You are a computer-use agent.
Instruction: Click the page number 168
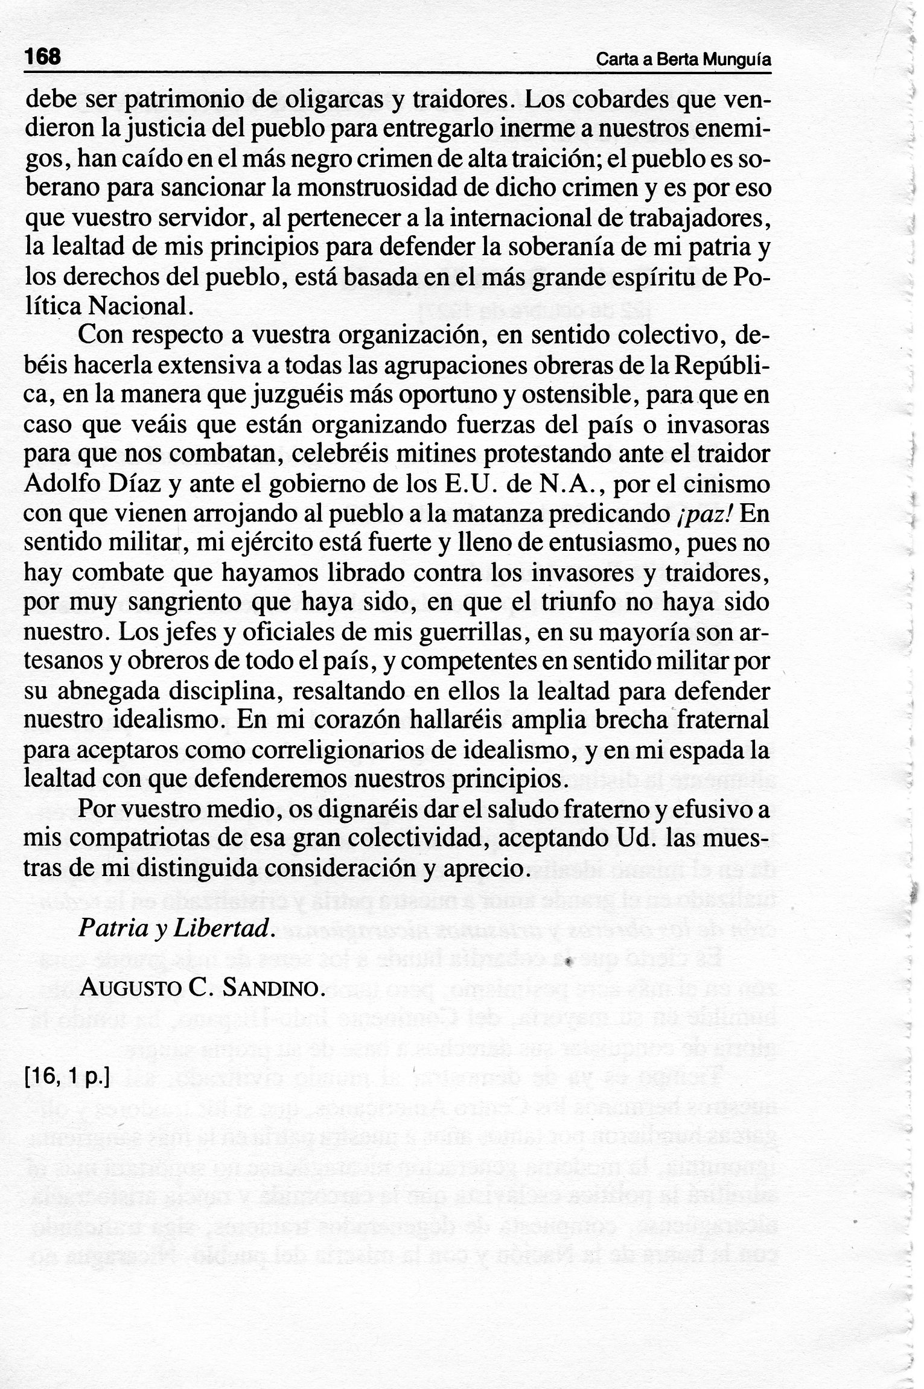(x=43, y=57)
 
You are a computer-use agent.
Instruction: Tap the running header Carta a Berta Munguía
(x=684, y=60)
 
